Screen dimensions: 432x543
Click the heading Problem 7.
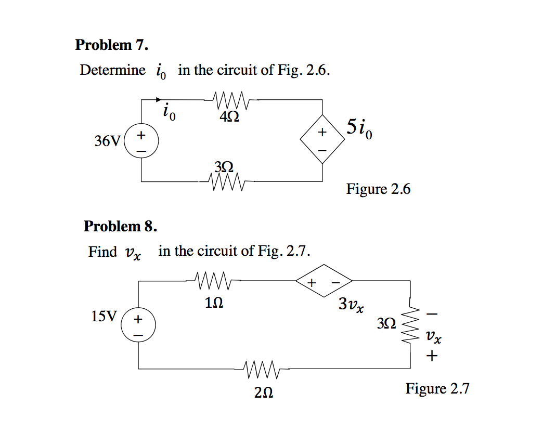click(x=111, y=45)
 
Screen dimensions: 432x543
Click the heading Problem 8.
click(x=120, y=226)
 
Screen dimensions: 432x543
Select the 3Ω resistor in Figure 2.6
click(x=225, y=182)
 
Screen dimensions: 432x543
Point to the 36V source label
click(x=107, y=141)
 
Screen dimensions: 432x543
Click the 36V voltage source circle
click(x=141, y=141)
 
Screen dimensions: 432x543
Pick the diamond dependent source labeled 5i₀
click(x=322, y=140)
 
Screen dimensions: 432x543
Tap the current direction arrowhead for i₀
click(x=159, y=99)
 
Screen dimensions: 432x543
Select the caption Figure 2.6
click(x=378, y=189)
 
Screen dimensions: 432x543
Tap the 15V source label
click(x=104, y=317)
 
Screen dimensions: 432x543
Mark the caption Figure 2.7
click(x=437, y=389)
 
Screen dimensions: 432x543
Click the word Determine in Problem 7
click(x=112, y=70)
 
